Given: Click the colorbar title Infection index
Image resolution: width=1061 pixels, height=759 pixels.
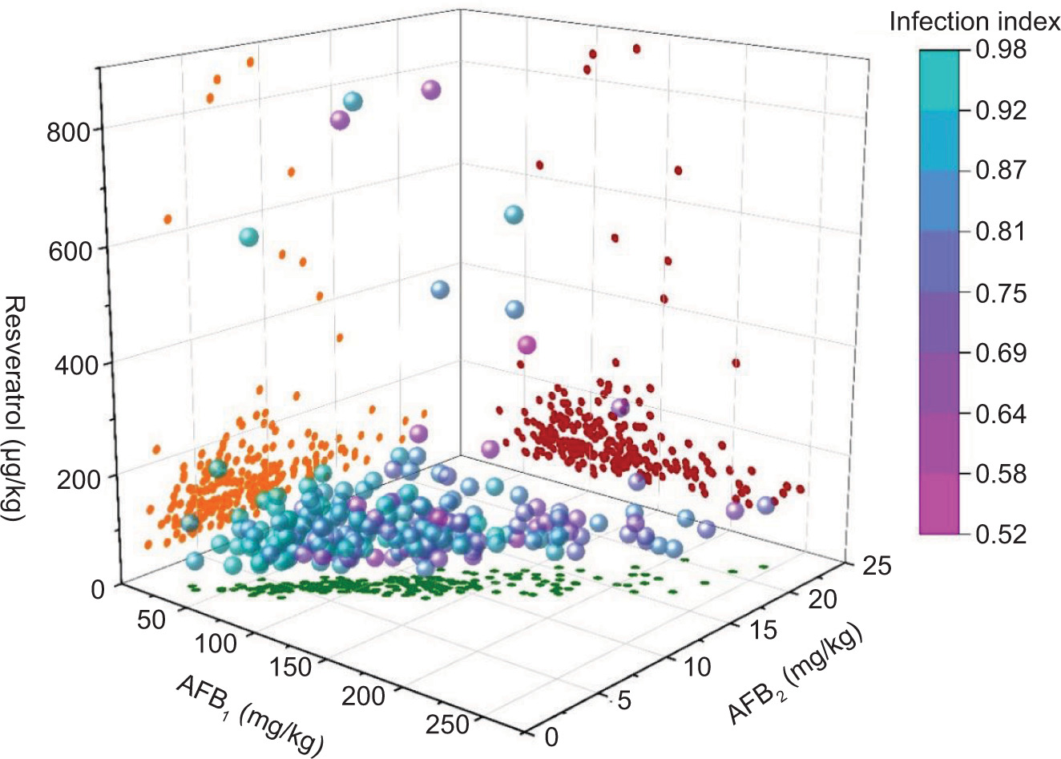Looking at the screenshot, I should point(974,22).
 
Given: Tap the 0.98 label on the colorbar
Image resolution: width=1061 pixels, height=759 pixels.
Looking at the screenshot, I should point(1002,50).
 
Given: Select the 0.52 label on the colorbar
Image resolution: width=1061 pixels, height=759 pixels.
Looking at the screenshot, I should point(1002,533).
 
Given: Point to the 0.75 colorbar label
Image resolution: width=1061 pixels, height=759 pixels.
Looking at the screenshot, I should point(1002,293).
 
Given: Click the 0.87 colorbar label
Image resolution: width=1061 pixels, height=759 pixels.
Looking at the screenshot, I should point(1002,170).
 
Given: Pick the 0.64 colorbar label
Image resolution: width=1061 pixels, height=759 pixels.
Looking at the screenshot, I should point(1002,414).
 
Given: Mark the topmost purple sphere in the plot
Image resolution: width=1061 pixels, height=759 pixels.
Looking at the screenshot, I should point(431,90).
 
